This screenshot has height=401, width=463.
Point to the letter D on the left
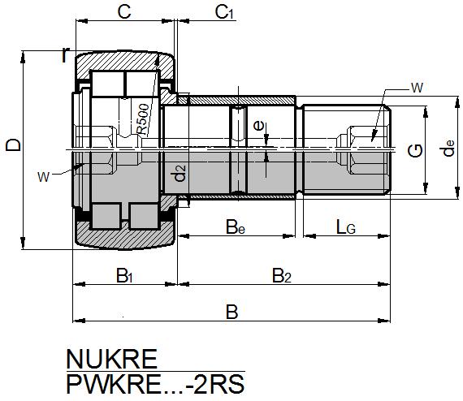pos(11,146)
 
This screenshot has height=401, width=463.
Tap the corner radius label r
pos(65,54)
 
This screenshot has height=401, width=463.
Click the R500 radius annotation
pos(142,119)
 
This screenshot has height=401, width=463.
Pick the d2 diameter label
pos(180,173)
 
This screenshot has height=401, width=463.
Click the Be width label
pos(236,226)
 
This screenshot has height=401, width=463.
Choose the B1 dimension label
pos(123,276)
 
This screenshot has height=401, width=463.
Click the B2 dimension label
pos(281,276)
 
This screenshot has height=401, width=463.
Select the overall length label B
pos(231,311)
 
